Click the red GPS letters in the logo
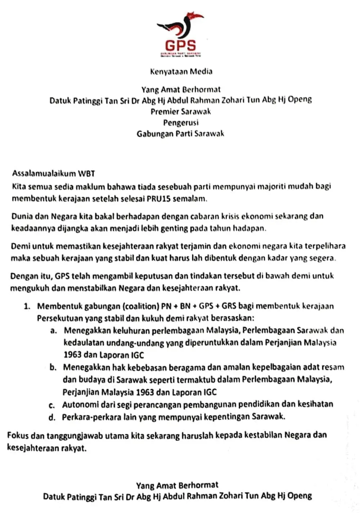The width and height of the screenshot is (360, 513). (180, 45)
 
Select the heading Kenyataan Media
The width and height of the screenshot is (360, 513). (181, 71)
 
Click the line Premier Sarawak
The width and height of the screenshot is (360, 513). (181, 111)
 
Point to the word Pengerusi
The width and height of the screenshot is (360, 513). (181, 122)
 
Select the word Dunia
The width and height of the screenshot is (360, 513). (22, 216)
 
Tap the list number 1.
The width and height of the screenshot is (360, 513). (27, 306)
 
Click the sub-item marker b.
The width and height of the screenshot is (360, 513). (53, 367)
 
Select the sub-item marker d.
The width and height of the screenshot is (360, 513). (53, 417)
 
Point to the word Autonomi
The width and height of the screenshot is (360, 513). (78, 405)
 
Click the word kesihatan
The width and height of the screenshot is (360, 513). (315, 404)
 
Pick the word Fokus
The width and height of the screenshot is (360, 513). (18, 435)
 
